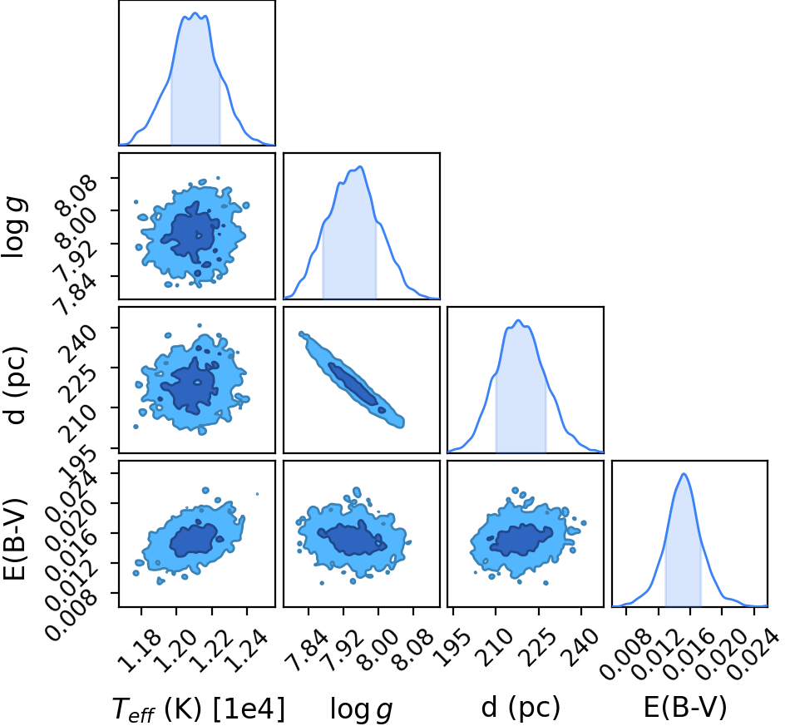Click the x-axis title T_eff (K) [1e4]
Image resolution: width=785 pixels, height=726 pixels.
[x=199, y=709]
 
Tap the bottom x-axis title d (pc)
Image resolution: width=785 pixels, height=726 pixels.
[x=521, y=708]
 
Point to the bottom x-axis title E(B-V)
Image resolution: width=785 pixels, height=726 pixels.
[x=684, y=708]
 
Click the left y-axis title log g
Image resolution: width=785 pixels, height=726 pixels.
[x=14, y=227]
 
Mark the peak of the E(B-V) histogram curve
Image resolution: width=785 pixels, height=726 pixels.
[x=684, y=474]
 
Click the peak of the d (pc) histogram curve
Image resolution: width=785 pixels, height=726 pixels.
[x=519, y=320]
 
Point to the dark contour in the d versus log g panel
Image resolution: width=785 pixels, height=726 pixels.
[x=353, y=384]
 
